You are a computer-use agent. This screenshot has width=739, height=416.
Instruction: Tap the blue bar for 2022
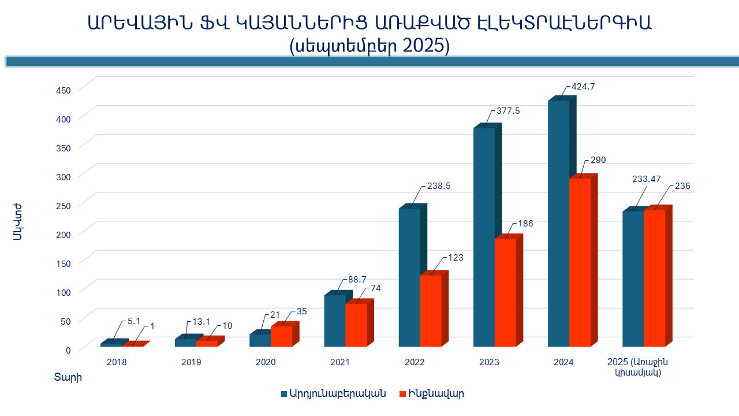click(x=409, y=277)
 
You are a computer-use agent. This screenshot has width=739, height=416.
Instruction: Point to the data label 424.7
click(x=583, y=87)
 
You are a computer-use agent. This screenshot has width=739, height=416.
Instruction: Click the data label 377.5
click(x=508, y=112)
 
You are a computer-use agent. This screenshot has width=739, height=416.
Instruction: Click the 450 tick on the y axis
click(x=63, y=90)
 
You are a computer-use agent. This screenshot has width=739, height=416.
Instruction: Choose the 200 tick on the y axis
click(x=63, y=234)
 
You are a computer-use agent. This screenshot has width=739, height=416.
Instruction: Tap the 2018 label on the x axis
click(x=117, y=362)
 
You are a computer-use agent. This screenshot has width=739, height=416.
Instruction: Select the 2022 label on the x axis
click(x=415, y=362)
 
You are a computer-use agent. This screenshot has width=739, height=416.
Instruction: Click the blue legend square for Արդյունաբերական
click(x=284, y=394)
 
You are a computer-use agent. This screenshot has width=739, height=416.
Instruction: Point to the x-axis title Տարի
click(x=68, y=378)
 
